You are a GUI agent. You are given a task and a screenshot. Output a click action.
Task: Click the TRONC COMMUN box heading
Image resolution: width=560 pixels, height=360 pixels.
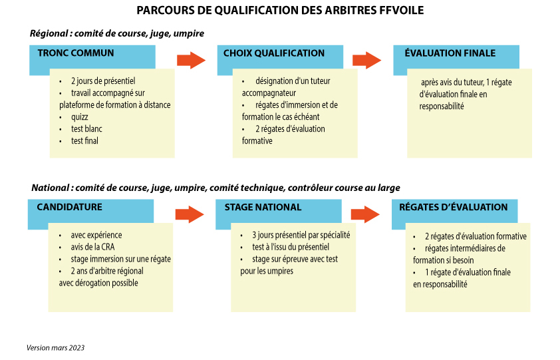click(x=76, y=53)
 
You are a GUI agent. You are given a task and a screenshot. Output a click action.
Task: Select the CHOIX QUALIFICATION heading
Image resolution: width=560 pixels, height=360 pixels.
click(x=274, y=53)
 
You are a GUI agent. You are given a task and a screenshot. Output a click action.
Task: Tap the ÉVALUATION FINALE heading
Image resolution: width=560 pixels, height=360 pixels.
click(x=450, y=53)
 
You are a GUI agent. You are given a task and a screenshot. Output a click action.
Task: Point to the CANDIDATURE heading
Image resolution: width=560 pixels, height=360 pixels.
click(x=69, y=207)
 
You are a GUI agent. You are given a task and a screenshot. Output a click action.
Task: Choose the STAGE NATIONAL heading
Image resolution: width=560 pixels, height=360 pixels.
click(x=263, y=207)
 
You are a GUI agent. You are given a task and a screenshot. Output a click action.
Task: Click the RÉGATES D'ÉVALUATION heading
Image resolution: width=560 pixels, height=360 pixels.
click(x=453, y=207)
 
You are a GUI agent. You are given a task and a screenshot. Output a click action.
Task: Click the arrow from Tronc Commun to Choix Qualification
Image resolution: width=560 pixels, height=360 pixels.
click(x=191, y=60)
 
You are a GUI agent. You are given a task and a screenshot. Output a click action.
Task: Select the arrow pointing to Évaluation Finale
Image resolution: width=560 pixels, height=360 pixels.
click(x=366, y=60)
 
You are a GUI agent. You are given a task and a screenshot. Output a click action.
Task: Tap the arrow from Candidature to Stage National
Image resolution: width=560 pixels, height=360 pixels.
click(x=190, y=214)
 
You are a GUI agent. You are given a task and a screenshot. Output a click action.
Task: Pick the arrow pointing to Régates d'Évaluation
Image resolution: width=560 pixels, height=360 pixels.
click(x=365, y=214)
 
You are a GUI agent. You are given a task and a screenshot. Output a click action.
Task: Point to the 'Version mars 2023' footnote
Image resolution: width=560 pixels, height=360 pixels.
click(x=55, y=347)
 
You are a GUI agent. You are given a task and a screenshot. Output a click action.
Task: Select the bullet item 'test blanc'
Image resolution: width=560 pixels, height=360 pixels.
click(x=86, y=128)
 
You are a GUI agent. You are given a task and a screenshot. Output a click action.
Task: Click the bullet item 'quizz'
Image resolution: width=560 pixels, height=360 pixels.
click(x=79, y=117)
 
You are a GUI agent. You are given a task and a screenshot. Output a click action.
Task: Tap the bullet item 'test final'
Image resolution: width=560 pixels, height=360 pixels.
click(x=84, y=141)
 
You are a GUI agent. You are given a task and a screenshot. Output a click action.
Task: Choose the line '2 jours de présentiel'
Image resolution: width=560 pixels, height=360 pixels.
click(x=103, y=81)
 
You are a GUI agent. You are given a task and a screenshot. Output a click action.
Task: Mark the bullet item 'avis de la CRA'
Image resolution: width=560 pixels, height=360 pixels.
click(x=92, y=247)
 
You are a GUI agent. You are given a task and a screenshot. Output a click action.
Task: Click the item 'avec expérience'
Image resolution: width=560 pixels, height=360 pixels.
click(x=96, y=236)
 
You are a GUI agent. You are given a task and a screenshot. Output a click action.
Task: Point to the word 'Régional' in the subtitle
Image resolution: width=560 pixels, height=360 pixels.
click(x=49, y=34)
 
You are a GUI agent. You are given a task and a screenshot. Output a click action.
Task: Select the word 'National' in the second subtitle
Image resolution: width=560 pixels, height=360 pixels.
click(x=51, y=188)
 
